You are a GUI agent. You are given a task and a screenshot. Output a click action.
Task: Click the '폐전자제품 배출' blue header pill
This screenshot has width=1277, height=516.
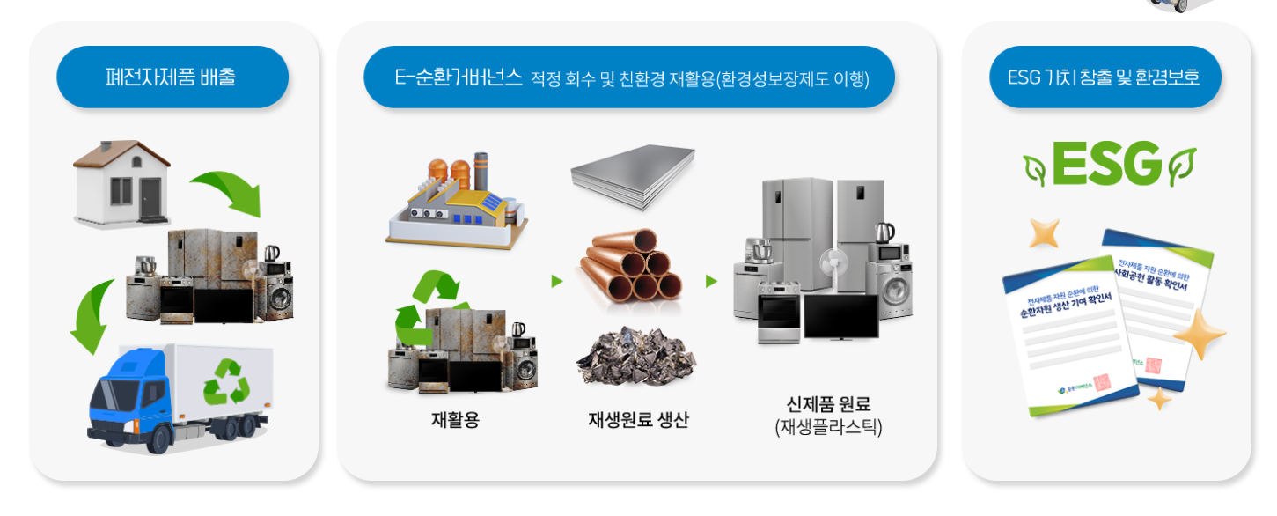[172, 77]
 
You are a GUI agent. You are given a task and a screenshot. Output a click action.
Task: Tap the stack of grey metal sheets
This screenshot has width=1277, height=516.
[633, 176]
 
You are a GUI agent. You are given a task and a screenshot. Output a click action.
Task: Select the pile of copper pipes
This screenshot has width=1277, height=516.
[630, 268]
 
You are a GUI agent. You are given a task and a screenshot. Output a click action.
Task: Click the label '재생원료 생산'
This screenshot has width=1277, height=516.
[638, 420]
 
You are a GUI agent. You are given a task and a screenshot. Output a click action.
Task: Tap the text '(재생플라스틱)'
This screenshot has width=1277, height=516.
[827, 429]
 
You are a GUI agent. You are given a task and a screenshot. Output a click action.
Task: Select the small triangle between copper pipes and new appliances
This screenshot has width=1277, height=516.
[711, 282]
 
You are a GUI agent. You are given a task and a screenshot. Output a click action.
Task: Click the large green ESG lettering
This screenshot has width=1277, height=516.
[1106, 165]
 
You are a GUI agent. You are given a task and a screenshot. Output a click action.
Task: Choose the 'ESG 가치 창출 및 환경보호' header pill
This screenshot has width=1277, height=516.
[1106, 77]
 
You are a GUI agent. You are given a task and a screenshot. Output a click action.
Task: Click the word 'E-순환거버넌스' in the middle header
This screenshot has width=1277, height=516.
[459, 77]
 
